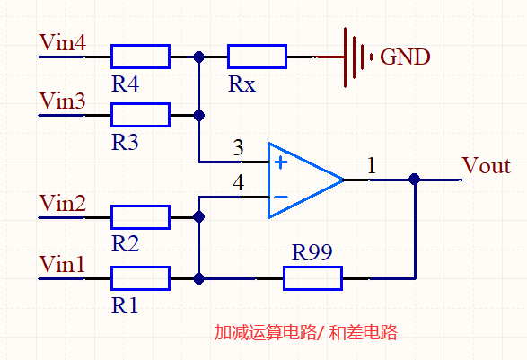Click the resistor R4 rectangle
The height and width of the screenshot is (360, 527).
[x=140, y=57]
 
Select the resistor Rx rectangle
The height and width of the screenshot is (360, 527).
[x=257, y=57]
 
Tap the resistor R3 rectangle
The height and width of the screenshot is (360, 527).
[x=140, y=115]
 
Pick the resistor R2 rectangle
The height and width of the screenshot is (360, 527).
[x=140, y=217]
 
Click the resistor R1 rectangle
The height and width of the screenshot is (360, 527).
[x=140, y=278]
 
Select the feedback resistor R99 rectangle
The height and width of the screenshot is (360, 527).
[x=312, y=278]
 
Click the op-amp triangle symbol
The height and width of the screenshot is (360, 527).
[x=302, y=180]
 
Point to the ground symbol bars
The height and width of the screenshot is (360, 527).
[x=357, y=57]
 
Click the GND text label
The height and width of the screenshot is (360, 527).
[x=406, y=57]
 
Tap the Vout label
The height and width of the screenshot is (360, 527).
[x=486, y=166]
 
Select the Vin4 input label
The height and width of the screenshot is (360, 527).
[x=62, y=42]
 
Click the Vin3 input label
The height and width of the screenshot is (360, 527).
[x=62, y=101]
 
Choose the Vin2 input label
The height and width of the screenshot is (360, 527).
[x=62, y=204]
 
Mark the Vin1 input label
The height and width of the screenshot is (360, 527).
[x=62, y=265]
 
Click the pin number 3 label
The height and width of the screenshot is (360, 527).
[x=238, y=147]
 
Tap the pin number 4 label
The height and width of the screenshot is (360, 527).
[x=238, y=183]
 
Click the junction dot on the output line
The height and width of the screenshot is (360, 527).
[x=414, y=180]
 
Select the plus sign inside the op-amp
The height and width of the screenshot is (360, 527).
[x=281, y=162]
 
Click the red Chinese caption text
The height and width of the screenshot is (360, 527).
[x=305, y=332]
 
